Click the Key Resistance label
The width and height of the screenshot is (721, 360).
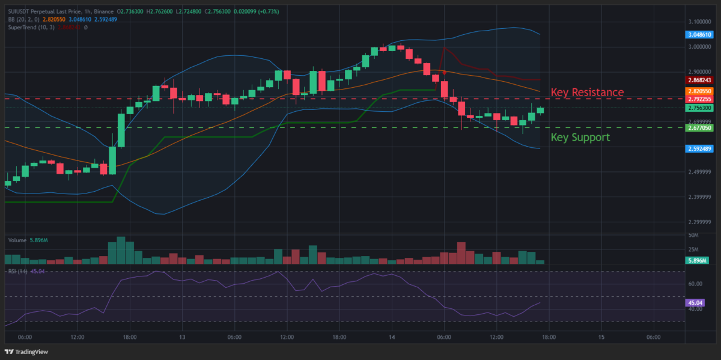click(587, 92)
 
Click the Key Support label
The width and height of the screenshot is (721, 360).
click(580, 137)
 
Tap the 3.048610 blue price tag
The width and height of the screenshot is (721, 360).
click(699, 35)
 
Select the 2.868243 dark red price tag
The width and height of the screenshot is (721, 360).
click(699, 80)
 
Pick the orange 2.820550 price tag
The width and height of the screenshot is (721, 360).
click(699, 90)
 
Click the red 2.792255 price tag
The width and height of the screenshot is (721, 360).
click(699, 99)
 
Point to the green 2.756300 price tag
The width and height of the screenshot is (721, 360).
click(699, 108)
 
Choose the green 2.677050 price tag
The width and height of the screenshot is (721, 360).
click(699, 127)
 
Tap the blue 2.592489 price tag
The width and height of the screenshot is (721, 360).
click(699, 148)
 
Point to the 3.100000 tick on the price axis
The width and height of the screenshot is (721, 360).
click(699, 22)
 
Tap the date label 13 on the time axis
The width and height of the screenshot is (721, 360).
click(182, 337)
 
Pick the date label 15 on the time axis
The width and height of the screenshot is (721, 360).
click(601, 337)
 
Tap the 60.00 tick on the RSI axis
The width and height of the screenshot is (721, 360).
click(696, 284)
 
